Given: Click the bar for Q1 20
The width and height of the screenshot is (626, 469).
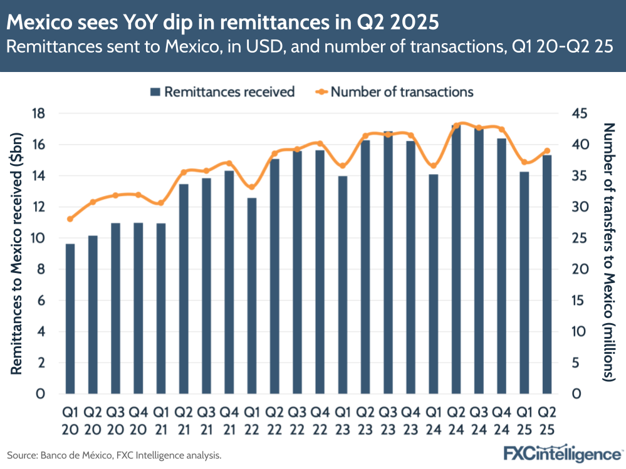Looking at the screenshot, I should coord(70,319).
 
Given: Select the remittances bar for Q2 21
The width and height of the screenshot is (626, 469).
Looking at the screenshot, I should coord(184,289).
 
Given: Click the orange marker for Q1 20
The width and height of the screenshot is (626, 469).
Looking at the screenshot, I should coord(70,219).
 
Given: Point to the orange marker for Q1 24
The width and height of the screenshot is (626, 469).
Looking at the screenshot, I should coord(433,166).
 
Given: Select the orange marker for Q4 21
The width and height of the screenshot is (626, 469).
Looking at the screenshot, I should coord(229,163).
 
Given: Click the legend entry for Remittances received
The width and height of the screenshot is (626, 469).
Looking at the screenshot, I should coord(222,92).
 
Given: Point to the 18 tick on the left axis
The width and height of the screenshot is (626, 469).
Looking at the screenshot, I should coord(39,113).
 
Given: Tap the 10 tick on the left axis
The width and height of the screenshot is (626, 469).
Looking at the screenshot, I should coord(39,238).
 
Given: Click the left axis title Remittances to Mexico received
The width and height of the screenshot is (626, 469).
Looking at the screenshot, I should coord(17,254).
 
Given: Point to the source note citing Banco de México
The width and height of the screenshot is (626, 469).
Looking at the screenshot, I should coord(114,455).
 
